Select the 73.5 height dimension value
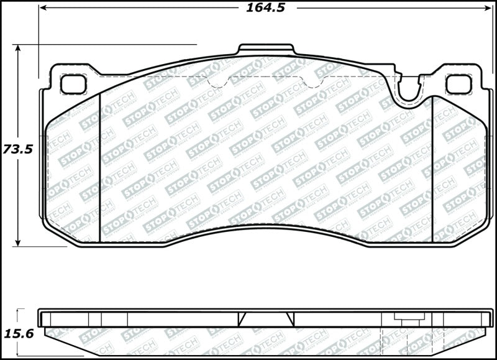click(x=17, y=149)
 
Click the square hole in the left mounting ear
click(x=73, y=84)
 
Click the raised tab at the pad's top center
click(x=267, y=50)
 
